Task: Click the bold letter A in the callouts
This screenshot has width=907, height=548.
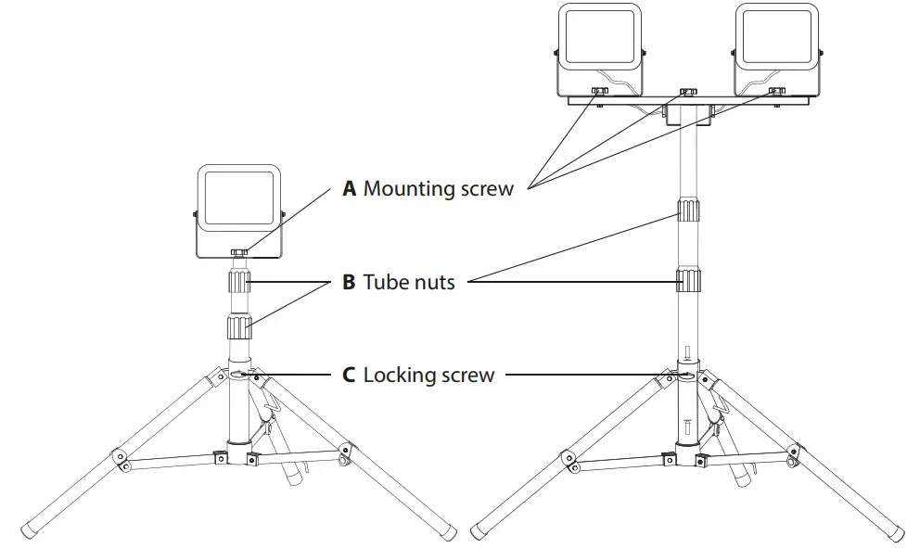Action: [350, 189]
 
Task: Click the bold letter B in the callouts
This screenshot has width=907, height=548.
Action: [349, 282]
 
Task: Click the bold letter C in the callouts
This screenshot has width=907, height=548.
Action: [349, 376]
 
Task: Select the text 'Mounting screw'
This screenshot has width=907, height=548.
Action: [438, 189]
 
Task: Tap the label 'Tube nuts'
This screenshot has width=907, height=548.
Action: [409, 282]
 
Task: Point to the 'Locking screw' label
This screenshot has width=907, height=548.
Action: [428, 376]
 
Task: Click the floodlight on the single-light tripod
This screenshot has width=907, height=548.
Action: [239, 211]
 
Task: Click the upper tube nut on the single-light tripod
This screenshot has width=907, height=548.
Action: [240, 282]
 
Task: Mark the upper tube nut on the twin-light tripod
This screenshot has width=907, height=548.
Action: [686, 212]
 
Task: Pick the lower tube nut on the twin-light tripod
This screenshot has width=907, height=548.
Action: [686, 279]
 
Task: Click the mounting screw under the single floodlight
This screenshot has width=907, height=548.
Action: [239, 251]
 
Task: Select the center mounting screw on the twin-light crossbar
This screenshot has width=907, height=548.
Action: [687, 93]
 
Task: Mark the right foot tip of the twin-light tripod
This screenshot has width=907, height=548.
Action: [897, 532]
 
